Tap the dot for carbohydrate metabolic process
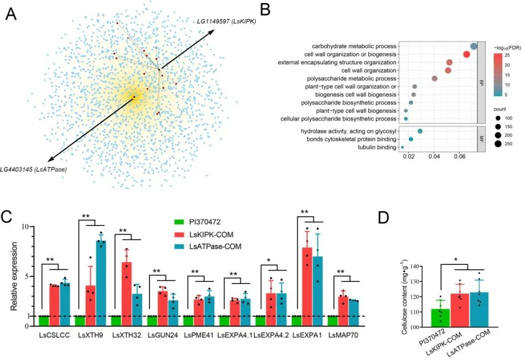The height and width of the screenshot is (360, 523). click(474, 46)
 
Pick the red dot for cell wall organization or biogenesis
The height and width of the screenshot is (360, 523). click(467, 54)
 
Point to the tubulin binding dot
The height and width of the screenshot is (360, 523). click(402, 147)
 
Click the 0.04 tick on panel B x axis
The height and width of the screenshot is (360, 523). click(434, 157)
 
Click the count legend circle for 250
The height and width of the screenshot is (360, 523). click(498, 144)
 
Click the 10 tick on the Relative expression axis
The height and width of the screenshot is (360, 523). click(27, 227)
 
